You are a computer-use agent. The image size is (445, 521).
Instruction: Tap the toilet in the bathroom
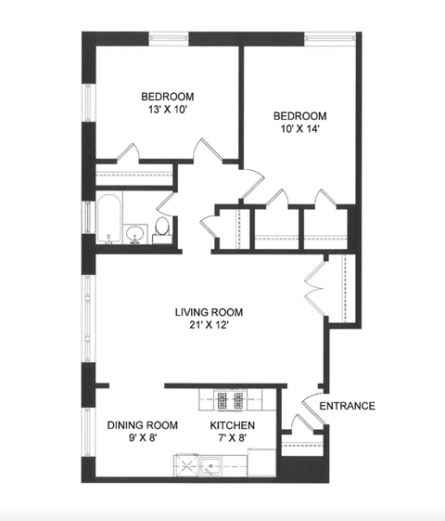[162, 228]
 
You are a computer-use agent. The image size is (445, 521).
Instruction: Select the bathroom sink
[136, 233]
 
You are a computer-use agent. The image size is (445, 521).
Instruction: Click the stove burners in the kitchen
[229, 400]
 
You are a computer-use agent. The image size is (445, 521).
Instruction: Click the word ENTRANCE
[347, 406]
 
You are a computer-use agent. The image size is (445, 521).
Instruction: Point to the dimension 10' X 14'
[299, 130]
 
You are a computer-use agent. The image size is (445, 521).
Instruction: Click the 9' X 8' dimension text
[143, 440]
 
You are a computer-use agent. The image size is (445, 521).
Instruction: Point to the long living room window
[88, 317]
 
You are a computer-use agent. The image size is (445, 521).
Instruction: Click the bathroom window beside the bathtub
[88, 219]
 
